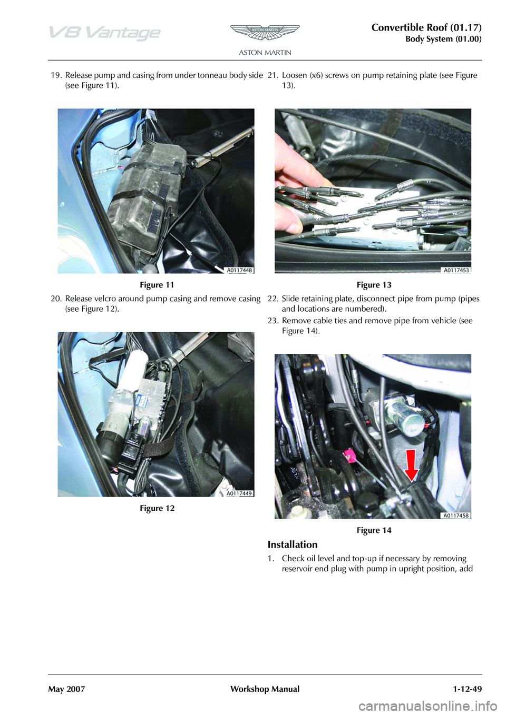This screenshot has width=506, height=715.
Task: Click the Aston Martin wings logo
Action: tap(265, 33)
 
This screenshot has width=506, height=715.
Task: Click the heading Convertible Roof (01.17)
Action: tap(426, 28)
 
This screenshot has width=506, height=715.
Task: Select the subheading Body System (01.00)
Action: tap(443, 39)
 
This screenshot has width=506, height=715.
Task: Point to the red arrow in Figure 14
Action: tap(412, 465)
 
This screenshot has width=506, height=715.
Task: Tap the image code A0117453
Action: tap(456, 270)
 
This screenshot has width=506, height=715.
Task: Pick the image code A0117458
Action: tap(456, 515)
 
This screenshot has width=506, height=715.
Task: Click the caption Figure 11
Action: tap(157, 285)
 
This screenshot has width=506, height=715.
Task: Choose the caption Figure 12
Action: tap(157, 508)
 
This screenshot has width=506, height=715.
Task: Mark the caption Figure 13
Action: tap(374, 285)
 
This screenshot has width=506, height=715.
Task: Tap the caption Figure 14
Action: tap(374, 530)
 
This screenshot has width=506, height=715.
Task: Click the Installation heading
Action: tap(293, 544)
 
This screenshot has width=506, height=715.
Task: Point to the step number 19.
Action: tap(56, 76)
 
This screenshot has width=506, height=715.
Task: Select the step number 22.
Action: tap(273, 299)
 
